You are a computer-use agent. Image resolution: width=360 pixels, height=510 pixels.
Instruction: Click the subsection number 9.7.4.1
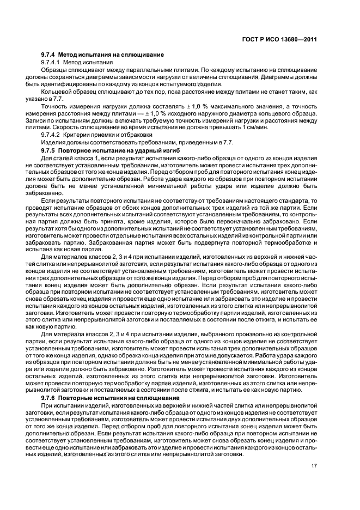coord(53,63)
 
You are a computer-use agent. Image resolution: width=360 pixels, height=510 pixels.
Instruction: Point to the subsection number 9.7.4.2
coord(53,134)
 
